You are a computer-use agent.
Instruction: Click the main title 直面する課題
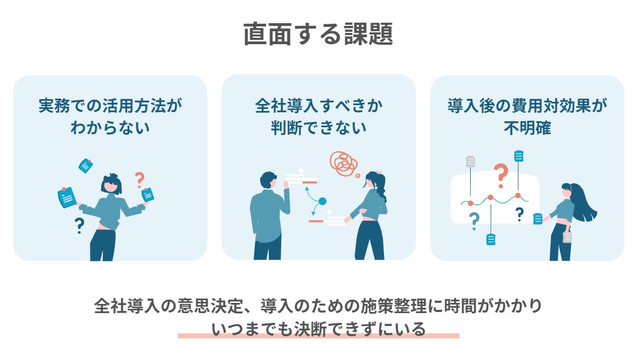coord(318,34)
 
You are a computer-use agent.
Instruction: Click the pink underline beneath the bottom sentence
coord(318,336)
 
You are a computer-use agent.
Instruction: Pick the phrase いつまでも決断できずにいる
coord(318,328)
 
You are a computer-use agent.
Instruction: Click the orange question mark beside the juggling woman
coord(140,179)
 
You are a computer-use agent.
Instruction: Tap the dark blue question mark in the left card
coord(80,225)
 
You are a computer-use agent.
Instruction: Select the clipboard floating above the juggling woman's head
coord(86,165)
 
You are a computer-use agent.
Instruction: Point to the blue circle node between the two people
coord(323,202)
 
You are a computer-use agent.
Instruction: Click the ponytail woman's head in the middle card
coord(372,180)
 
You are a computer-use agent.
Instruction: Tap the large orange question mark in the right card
coord(501,175)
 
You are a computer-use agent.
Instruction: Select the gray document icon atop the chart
coord(471,161)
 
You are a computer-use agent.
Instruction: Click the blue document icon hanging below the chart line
coord(491,239)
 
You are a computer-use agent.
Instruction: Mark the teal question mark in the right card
coord(474,220)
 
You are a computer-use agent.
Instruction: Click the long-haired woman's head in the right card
coord(567,190)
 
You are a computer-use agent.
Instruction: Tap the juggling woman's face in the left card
coord(110,185)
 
